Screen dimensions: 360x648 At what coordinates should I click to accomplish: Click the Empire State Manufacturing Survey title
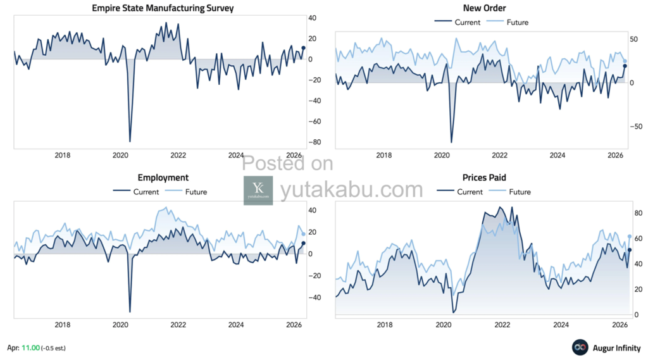pos(163,8)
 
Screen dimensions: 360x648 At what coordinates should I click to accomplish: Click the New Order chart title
pos(484,8)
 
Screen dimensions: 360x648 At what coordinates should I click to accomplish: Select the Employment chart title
pos(163,178)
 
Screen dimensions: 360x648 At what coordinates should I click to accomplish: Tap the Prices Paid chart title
pos(484,178)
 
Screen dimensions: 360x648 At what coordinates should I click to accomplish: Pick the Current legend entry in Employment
pos(146,192)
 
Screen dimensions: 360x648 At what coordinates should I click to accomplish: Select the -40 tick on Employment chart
pos(313,297)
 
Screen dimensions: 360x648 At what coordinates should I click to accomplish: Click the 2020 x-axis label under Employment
pos(120,325)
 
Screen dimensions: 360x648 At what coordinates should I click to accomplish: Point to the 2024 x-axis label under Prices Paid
pos(560,325)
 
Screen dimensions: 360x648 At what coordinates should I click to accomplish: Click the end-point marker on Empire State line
pos(303,47)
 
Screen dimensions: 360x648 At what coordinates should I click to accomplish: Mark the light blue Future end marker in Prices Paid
pos(630,237)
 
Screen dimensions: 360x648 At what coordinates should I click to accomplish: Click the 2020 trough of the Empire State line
pos(130,141)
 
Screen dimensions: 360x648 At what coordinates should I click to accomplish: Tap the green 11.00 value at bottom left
pos(31,348)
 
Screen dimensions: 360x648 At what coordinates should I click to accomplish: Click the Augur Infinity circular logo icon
pos(580,347)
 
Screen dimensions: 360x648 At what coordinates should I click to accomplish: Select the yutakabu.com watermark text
pos(351,189)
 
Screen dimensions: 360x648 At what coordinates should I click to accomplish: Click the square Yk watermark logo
pos(258,190)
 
